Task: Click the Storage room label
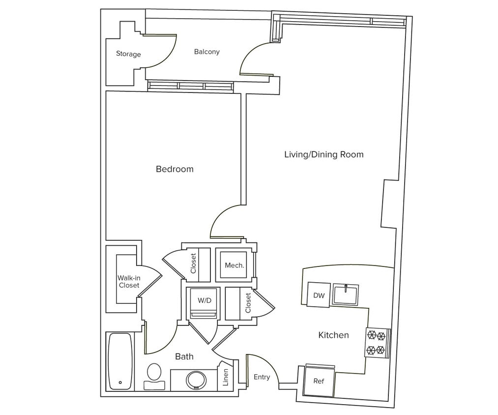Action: click(128, 54)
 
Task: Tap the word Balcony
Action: click(206, 52)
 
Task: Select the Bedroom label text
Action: click(175, 169)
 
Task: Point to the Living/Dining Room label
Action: click(324, 154)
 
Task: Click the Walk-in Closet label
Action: click(129, 281)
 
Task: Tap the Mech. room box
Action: click(234, 266)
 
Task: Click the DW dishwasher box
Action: click(319, 295)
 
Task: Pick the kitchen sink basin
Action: click(347, 295)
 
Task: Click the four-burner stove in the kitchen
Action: click(376, 343)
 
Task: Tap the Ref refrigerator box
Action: click(319, 381)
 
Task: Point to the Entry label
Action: click(262, 377)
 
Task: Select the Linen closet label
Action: click(226, 377)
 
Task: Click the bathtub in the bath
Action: click(120, 360)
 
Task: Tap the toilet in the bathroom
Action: click(154, 376)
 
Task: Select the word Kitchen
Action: click(334, 335)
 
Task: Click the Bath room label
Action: click(184, 356)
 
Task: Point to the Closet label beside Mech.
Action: click(193, 264)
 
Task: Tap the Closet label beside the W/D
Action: click(248, 303)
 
